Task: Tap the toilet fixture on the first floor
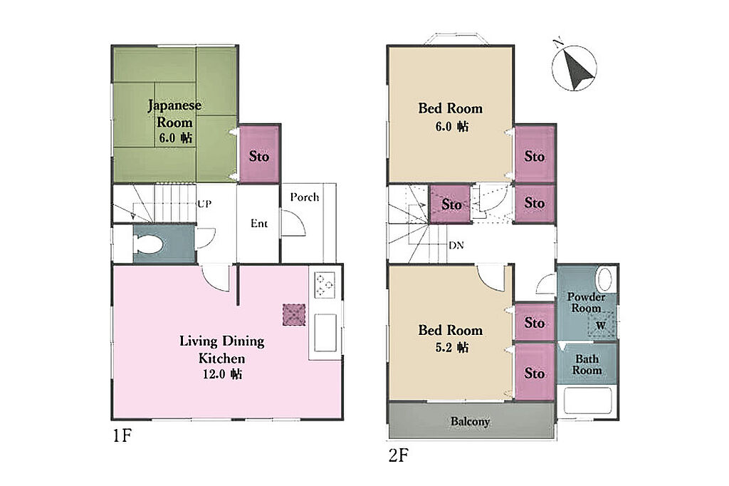[x=148, y=244]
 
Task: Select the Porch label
[x=305, y=197]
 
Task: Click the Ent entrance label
[x=259, y=224]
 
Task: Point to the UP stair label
[x=204, y=204]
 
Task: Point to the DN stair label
[x=456, y=245]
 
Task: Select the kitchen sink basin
[x=325, y=332]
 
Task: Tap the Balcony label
[x=470, y=422]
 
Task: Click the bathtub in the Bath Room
[x=587, y=400]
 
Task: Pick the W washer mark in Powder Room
[x=601, y=326]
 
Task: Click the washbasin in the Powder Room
[x=605, y=279]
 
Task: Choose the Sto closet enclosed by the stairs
[x=450, y=204]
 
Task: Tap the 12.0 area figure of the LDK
[x=214, y=374]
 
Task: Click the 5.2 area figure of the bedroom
[x=444, y=348]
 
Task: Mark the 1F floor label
[x=122, y=435]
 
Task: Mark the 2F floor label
[x=399, y=455]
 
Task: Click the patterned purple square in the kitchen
[x=294, y=315]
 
